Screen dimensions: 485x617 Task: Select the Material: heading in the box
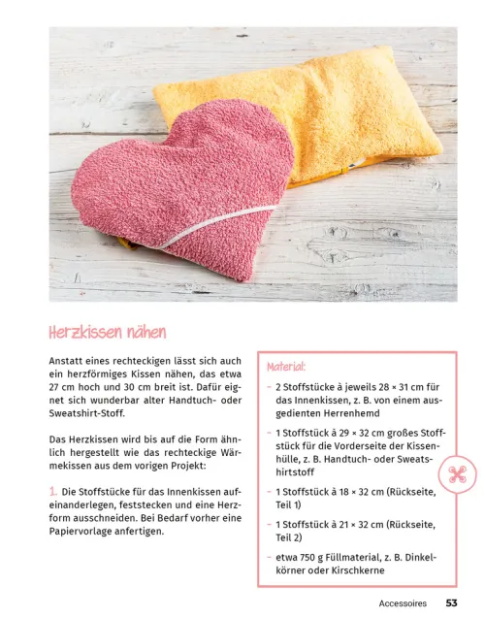point(289,367)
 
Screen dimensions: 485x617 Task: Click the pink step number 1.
point(52,490)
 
